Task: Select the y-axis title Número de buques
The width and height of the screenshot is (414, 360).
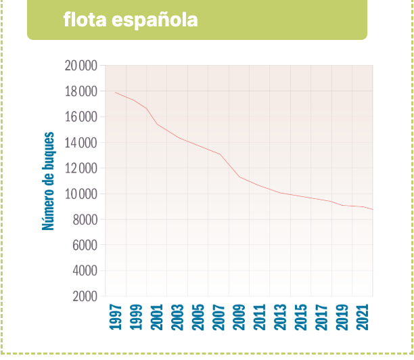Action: [x=49, y=181]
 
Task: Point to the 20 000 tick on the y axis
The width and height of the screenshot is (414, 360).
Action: [x=81, y=66]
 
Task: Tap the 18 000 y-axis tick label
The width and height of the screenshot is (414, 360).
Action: [x=81, y=91]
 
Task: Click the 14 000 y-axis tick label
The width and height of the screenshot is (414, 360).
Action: [x=81, y=143]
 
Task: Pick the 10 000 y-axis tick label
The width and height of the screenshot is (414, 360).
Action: [x=81, y=194]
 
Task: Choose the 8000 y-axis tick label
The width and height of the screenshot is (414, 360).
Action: [x=83, y=220]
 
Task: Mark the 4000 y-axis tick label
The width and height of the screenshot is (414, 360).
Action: [x=83, y=271]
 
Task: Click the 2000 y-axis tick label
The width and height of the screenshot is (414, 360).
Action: [x=83, y=296]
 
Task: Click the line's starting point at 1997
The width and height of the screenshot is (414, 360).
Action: [x=116, y=92]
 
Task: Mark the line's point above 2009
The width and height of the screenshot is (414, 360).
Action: [x=239, y=177]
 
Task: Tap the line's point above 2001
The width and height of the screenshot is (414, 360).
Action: [x=157, y=124]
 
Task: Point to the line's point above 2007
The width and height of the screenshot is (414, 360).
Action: [x=218, y=154]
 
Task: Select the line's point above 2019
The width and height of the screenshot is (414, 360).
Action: [x=342, y=205]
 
